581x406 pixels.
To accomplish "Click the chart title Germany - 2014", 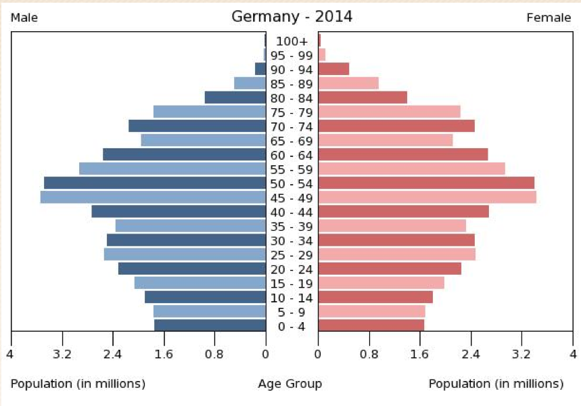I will (292, 16).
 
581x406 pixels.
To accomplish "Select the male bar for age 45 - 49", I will (153, 197).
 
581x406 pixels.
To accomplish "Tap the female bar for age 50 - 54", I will (426, 183).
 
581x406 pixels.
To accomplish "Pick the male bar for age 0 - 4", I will (210, 325).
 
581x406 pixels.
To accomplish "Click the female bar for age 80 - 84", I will (363, 97).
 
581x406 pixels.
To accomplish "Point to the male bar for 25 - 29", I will (185, 254).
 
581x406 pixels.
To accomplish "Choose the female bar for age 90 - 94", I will (333, 69).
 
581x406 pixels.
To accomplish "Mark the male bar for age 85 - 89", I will (250, 83).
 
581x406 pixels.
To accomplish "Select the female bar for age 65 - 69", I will (385, 140).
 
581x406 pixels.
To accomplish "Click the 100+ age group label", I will (292, 41).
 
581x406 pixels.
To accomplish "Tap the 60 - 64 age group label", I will (292, 155).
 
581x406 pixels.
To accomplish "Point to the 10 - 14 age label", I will (292, 298).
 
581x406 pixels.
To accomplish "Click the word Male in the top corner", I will (24, 18).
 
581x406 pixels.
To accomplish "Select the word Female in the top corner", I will (549, 18).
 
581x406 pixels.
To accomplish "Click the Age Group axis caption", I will (290, 384).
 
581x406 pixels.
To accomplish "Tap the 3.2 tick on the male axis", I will (62, 354).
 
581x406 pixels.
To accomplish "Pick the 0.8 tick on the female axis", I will (369, 354).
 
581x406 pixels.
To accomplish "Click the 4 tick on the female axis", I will (572, 354).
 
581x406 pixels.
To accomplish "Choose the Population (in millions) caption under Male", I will (78, 384).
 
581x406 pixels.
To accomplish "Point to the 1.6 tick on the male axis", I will (164, 354).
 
